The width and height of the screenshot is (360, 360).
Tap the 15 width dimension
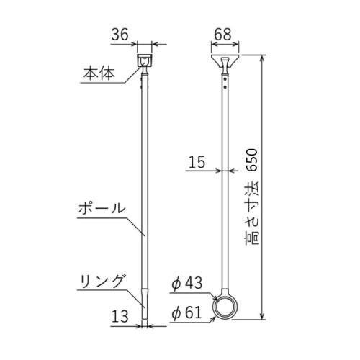click(x=197, y=163)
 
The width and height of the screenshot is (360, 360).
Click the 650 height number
click(x=252, y=165)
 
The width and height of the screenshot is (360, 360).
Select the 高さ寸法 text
click(x=252, y=216)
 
